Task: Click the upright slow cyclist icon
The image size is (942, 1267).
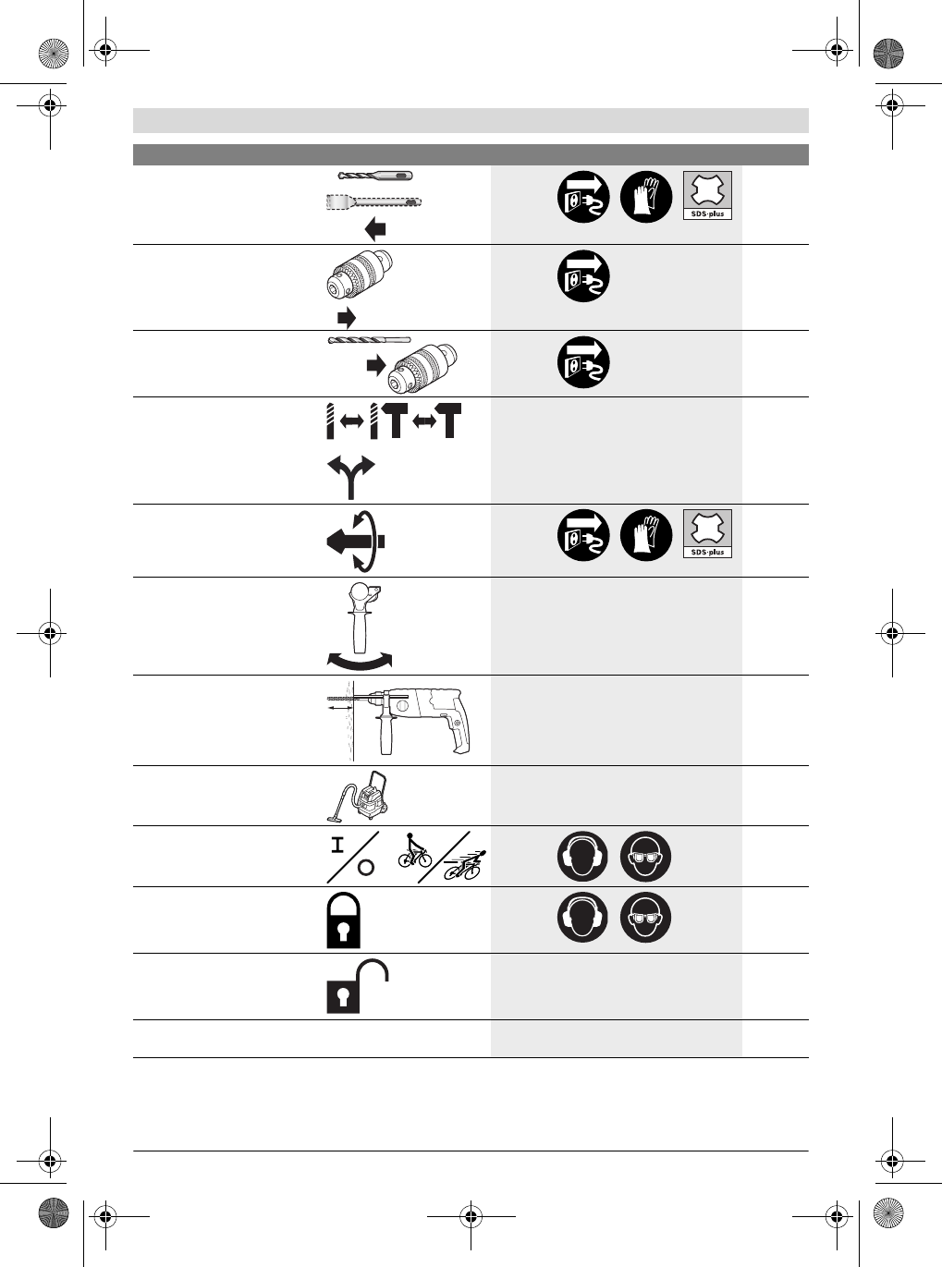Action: click(x=415, y=849)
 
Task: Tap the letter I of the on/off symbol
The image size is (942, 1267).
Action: click(x=338, y=844)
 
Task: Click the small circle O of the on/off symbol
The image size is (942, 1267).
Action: click(x=366, y=867)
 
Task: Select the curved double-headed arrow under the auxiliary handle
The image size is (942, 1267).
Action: click(x=360, y=660)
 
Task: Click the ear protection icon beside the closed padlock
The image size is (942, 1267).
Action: click(x=582, y=918)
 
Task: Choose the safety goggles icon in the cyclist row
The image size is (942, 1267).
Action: click(x=645, y=857)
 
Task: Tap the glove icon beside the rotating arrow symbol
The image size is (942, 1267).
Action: click(x=645, y=535)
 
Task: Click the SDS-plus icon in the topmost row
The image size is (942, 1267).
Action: click(x=707, y=195)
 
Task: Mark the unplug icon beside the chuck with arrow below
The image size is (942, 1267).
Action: click(x=582, y=276)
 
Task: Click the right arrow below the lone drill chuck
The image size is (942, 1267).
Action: click(x=346, y=319)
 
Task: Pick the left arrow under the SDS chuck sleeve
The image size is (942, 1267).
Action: click(x=374, y=229)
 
